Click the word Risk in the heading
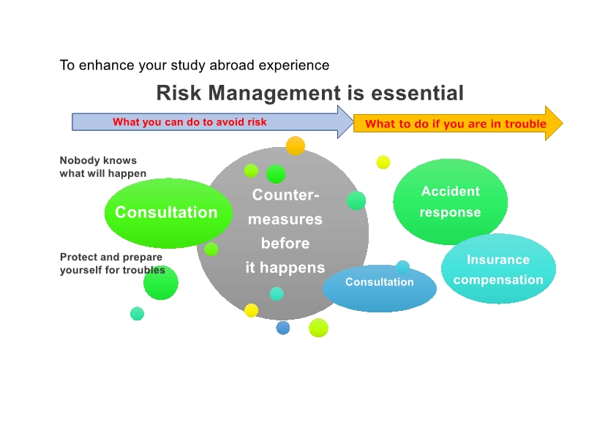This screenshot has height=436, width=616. point(179,93)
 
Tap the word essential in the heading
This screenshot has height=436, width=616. point(417,93)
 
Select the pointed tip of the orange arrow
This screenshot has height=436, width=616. point(563,123)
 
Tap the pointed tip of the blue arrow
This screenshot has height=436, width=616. point(353,121)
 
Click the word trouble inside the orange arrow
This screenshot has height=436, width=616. point(525,124)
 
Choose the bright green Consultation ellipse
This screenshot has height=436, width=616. point(168,213)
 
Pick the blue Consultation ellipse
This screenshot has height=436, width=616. point(380,288)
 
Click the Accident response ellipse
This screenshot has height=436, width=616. point(450,201)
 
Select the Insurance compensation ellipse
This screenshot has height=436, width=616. point(498,268)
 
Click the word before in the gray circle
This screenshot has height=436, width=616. point(285,244)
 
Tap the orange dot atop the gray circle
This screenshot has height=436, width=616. point(296,146)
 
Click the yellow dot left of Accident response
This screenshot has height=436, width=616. point(383,162)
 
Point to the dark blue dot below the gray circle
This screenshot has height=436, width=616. point(283,328)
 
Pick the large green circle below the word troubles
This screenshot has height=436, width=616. point(161,282)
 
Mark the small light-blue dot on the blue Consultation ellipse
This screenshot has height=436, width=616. point(402,267)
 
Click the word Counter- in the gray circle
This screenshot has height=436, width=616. point(285,195)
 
